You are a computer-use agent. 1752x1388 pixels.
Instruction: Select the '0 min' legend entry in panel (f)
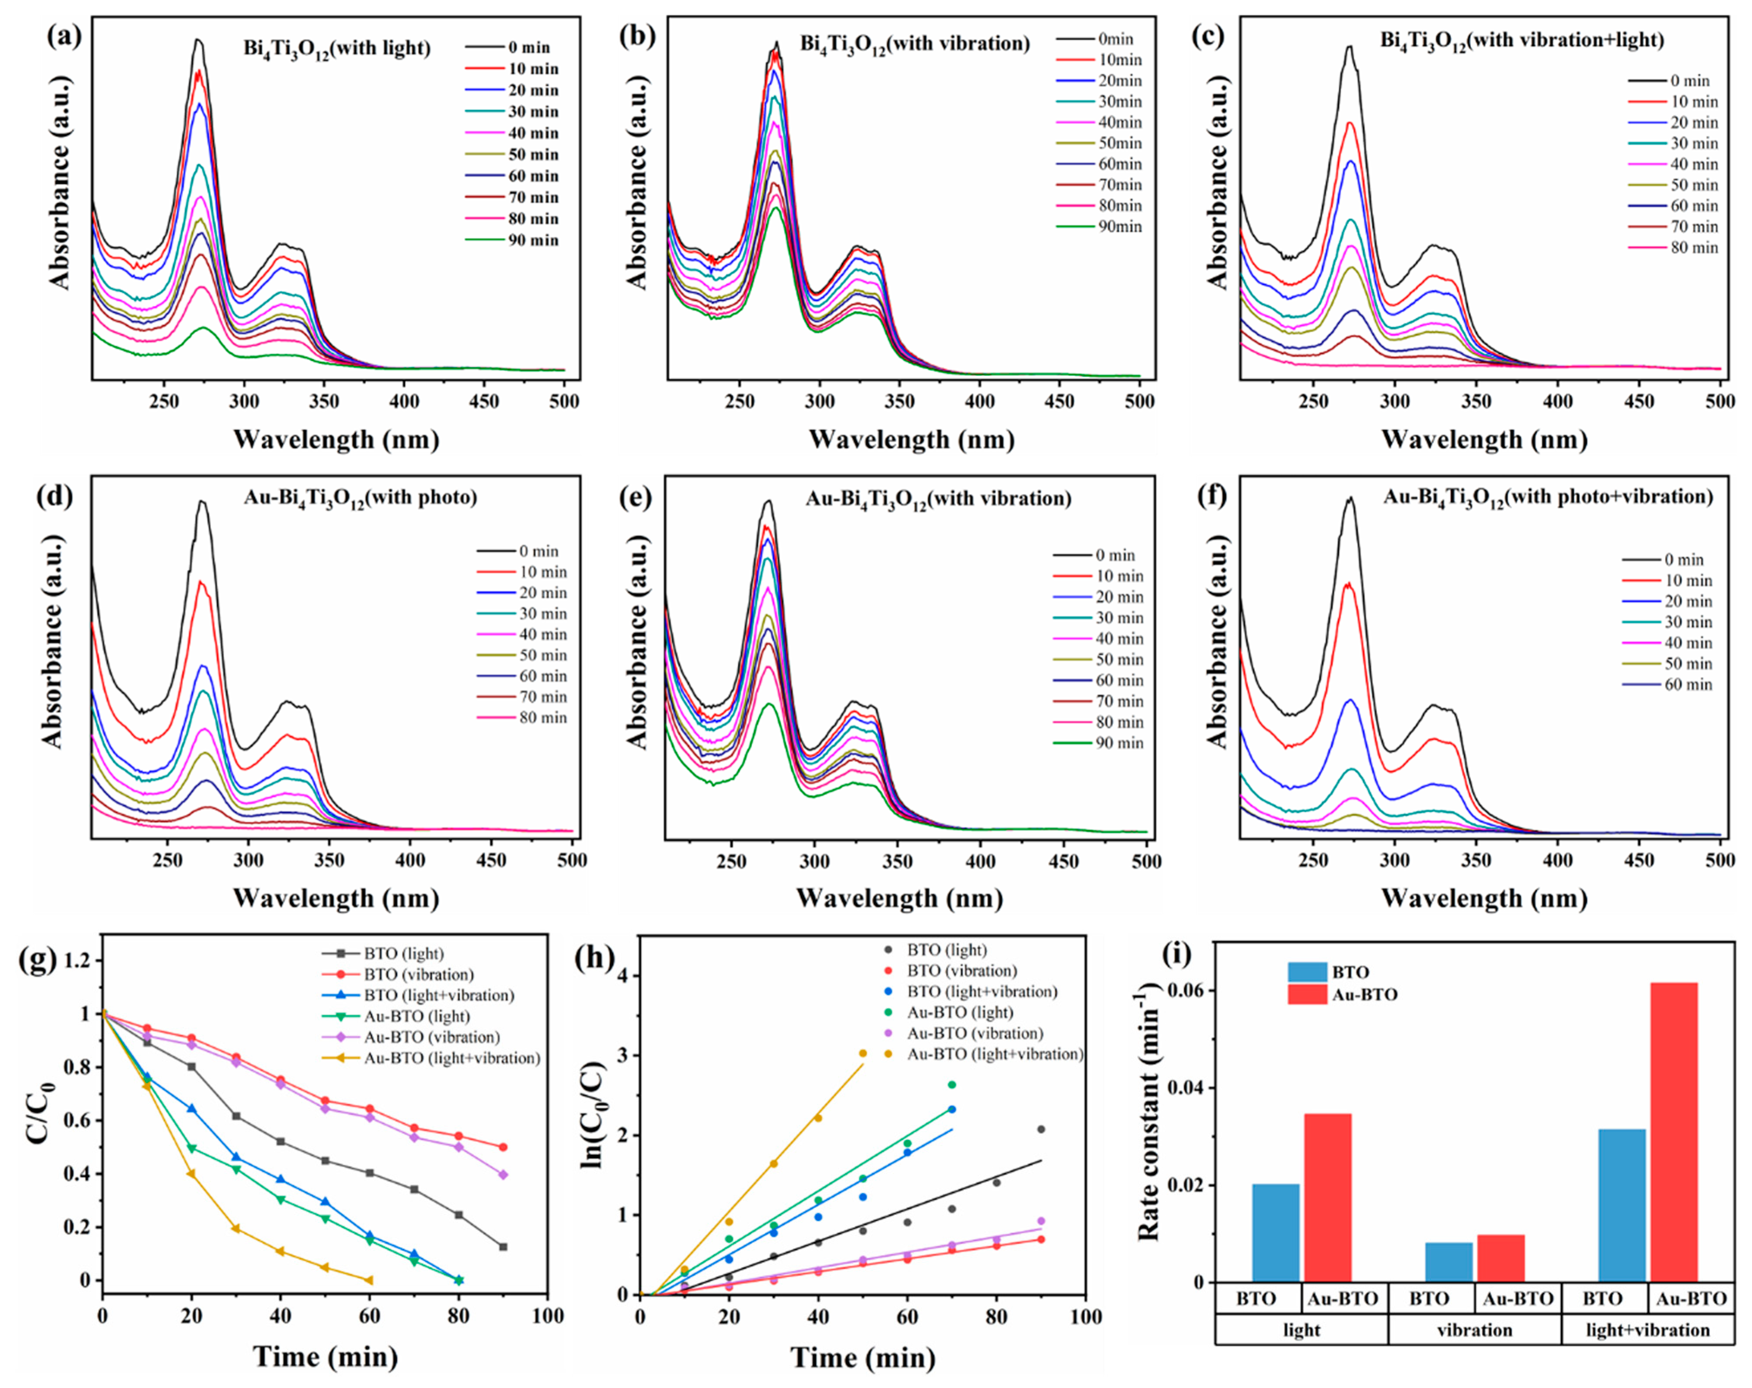[x=1684, y=560]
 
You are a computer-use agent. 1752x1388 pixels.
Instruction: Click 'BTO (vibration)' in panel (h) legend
[x=962, y=970]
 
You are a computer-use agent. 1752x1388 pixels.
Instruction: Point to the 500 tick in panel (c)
[x=1719, y=401]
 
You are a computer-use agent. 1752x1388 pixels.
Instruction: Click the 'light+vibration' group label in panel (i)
[x=1647, y=1330]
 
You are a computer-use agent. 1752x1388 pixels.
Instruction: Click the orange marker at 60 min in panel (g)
[x=369, y=1281]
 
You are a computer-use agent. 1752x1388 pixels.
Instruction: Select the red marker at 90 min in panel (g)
[x=503, y=1147]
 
